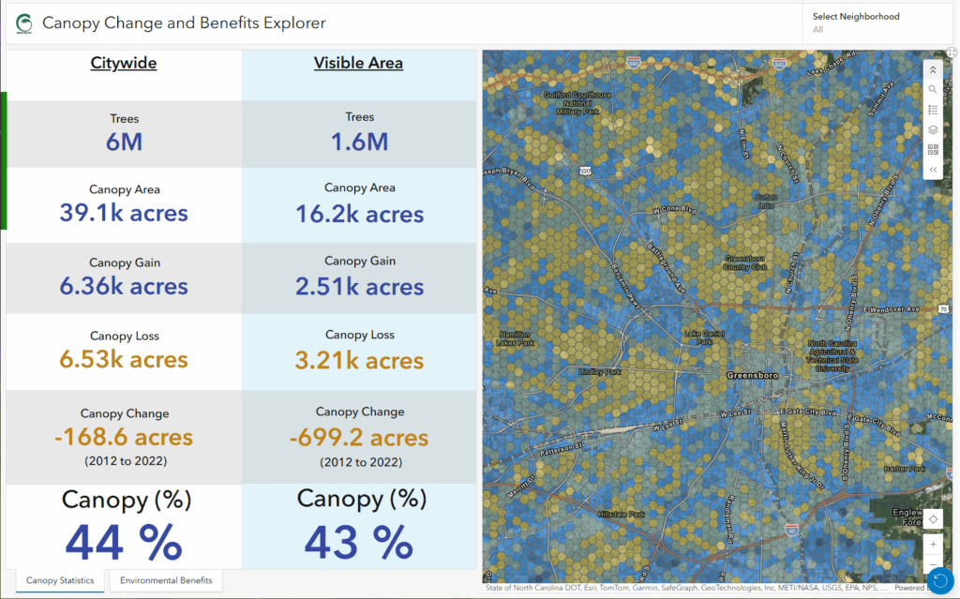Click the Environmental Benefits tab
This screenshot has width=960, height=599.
click(166, 580)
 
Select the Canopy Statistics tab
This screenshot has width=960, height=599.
click(60, 580)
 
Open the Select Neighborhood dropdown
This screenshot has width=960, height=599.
click(877, 23)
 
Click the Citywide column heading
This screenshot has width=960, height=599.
click(124, 64)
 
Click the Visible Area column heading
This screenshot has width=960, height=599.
click(358, 64)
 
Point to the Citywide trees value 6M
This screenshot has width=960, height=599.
click(124, 142)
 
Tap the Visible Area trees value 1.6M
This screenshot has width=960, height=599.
click(359, 142)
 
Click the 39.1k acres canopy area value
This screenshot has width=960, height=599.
click(124, 214)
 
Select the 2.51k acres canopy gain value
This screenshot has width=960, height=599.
click(359, 287)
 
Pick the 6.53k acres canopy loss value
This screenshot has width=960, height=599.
click(124, 360)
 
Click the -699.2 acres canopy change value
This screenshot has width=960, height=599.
click(359, 437)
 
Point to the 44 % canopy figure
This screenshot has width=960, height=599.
click(124, 542)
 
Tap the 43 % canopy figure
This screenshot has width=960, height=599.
click(359, 541)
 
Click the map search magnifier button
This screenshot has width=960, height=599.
click(933, 90)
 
